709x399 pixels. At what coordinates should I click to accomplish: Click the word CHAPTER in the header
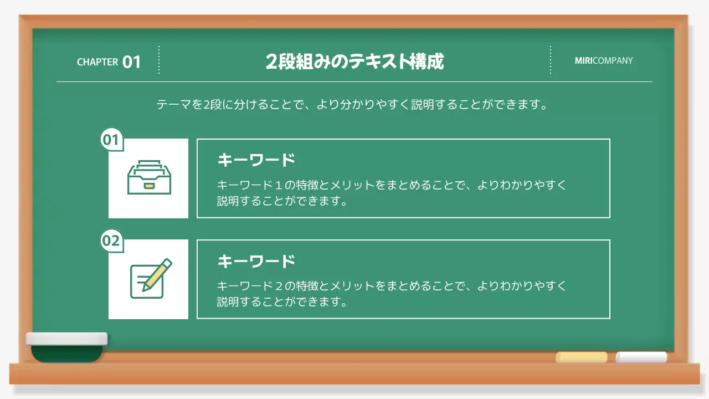[97, 62]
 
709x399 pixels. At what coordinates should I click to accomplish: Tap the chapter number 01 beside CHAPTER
[132, 62]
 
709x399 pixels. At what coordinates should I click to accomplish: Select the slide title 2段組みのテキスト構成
[354, 62]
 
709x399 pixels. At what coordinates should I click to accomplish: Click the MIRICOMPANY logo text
[603, 61]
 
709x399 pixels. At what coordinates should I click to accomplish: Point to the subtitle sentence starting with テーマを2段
[352, 105]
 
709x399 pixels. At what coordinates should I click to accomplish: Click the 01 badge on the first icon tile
[111, 140]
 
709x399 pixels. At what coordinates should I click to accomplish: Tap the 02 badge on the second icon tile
[111, 241]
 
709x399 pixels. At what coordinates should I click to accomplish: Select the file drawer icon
[149, 177]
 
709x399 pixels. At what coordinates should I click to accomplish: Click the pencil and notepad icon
[150, 279]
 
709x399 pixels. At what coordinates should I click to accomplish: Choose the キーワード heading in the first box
[256, 160]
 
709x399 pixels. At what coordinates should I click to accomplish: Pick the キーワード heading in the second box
[256, 261]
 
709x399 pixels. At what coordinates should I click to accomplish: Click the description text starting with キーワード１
[391, 192]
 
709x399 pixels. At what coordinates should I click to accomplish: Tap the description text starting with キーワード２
[391, 294]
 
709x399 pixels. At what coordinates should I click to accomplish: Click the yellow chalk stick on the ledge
[581, 357]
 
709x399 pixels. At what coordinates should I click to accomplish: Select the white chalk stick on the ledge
[641, 357]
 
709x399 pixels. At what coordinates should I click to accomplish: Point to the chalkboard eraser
[67, 347]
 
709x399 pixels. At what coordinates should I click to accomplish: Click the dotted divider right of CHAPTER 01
[159, 60]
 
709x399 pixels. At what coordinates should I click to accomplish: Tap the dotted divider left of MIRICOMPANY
[551, 60]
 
